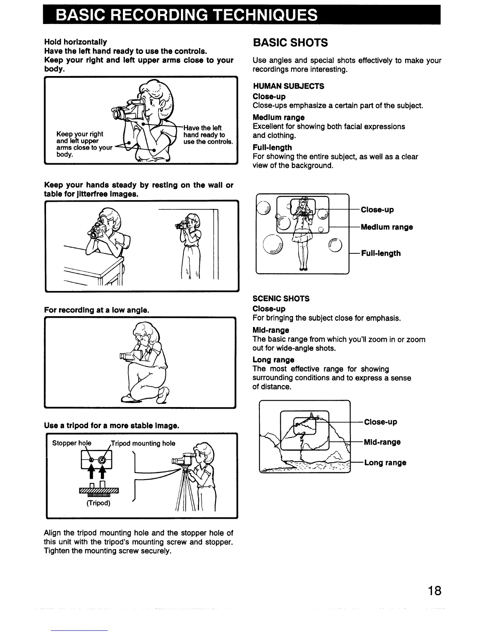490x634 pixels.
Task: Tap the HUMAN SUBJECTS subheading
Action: pyautogui.click(x=288, y=86)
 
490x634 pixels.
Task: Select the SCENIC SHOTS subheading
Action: pyautogui.click(x=281, y=299)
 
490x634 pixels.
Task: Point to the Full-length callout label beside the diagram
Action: pyautogui.click(x=381, y=253)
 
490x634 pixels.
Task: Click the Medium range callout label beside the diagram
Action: pyautogui.click(x=387, y=227)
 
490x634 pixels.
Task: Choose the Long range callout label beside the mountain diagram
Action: pyautogui.click(x=385, y=463)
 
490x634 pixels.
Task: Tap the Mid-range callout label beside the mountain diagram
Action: pyautogui.click(x=382, y=442)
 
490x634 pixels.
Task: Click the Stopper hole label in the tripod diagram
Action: pyautogui.click(x=72, y=443)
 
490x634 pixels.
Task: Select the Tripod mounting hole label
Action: pyautogui.click(x=143, y=443)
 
